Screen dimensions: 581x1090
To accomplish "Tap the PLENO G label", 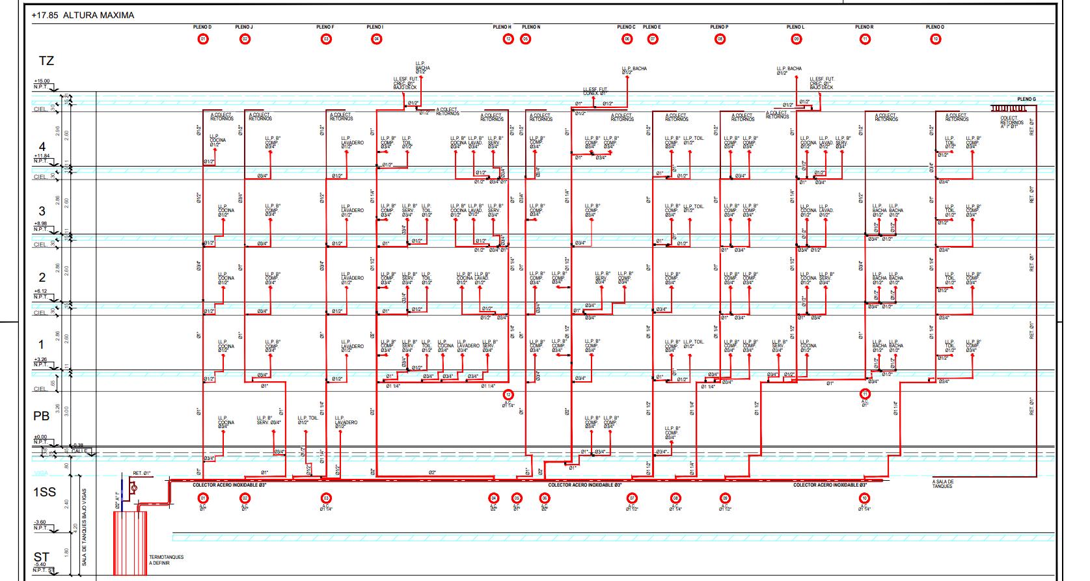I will coord(1026,100).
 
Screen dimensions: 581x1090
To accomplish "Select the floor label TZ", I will coord(46,61).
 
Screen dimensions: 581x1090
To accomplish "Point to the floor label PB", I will coord(42,416).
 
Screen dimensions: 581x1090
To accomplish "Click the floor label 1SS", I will coord(44,493).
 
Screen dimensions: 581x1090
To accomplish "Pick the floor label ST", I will coord(42,558).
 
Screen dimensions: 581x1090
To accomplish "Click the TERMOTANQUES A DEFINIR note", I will coord(167,560).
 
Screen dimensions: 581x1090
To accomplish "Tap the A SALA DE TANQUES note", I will coord(942,484).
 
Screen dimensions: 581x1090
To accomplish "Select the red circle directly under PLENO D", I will coord(203,39).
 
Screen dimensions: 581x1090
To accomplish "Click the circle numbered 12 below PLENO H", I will coord(508,39).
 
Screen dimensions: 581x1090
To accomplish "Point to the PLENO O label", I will coord(934,27).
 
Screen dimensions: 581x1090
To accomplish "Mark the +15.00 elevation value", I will coord(42,81).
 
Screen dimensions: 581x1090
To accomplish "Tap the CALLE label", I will coord(80,450).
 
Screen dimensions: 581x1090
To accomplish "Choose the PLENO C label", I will coord(626,27).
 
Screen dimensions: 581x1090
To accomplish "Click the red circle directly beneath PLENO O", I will coord(935,39).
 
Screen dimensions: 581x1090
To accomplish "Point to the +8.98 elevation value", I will coord(40,223).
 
